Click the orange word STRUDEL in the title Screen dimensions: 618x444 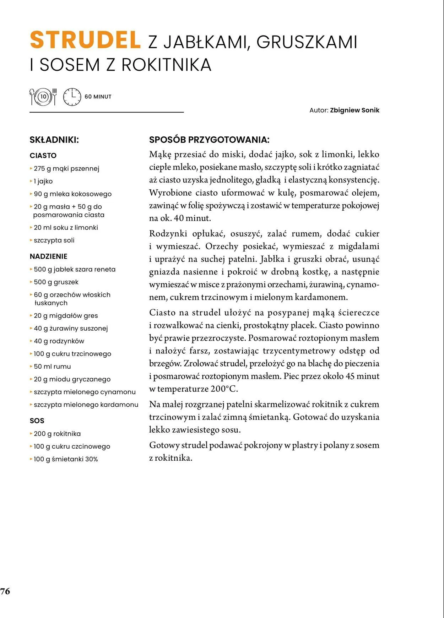pyautogui.click(x=85, y=40)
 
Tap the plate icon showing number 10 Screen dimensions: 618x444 pyautogui.click(x=43, y=97)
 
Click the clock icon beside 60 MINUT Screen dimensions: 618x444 pyautogui.click(x=72, y=97)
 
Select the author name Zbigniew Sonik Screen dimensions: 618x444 pyautogui.click(x=354, y=110)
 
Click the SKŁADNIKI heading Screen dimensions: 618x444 pyautogui.click(x=54, y=140)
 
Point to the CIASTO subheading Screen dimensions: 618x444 pyautogui.click(x=43, y=156)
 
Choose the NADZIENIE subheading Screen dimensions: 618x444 pyautogui.click(x=48, y=256)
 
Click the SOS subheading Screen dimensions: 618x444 pyautogui.click(x=37, y=421)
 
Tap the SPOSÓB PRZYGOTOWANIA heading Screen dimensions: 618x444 pyautogui.click(x=209, y=140)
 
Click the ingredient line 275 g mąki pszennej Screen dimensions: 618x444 pyautogui.click(x=66, y=169)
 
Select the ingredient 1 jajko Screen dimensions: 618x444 pyautogui.click(x=43, y=181)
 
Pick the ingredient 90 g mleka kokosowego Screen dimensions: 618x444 pyautogui.click(x=72, y=194)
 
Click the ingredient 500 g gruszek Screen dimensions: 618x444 pyautogui.click(x=56, y=282)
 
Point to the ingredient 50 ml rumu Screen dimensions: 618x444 pyautogui.click(x=52, y=367)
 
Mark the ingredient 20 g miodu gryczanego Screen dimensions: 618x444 pyautogui.click(x=72, y=379)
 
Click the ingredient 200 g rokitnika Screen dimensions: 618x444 pyautogui.click(x=57, y=434)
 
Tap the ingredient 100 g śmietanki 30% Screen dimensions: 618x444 pyautogui.click(x=66, y=459)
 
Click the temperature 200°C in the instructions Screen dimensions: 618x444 pyautogui.click(x=224, y=389)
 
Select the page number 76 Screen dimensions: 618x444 pyautogui.click(x=5, y=591)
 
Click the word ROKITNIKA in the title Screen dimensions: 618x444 pyautogui.click(x=166, y=65)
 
